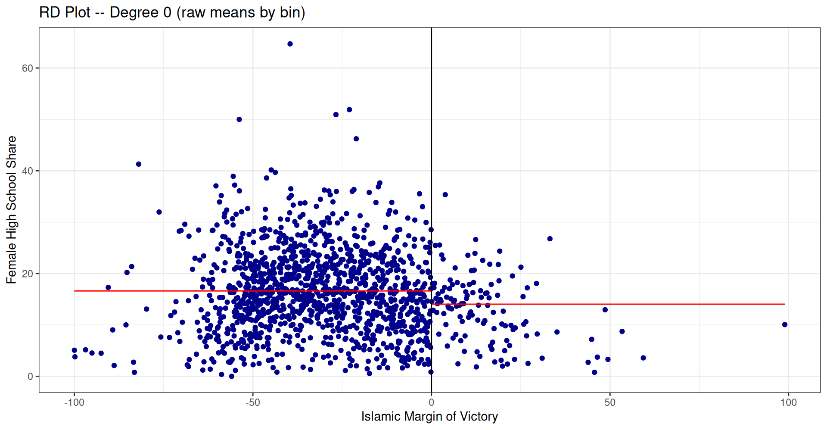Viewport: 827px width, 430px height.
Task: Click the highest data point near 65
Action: click(x=290, y=44)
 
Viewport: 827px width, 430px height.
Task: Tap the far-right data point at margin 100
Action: click(x=785, y=324)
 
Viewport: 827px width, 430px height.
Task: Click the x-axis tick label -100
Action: click(x=74, y=402)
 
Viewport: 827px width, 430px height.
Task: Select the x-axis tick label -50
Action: click(x=253, y=402)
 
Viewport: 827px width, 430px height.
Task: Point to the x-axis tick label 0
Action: click(x=431, y=402)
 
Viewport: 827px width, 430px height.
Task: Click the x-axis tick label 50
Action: click(x=610, y=402)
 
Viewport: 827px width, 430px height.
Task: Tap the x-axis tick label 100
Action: click(x=788, y=402)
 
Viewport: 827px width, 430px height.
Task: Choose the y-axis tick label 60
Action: click(x=27, y=68)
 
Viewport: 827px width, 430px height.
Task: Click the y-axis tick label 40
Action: click(x=27, y=171)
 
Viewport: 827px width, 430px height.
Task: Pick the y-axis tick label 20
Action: click(x=27, y=274)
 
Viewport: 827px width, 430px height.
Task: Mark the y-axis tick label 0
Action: click(x=30, y=377)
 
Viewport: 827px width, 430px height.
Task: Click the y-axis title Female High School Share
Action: click(x=11, y=210)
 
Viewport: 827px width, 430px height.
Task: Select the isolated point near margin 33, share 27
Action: click(x=550, y=239)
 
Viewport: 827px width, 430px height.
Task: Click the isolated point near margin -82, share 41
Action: click(x=139, y=164)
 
